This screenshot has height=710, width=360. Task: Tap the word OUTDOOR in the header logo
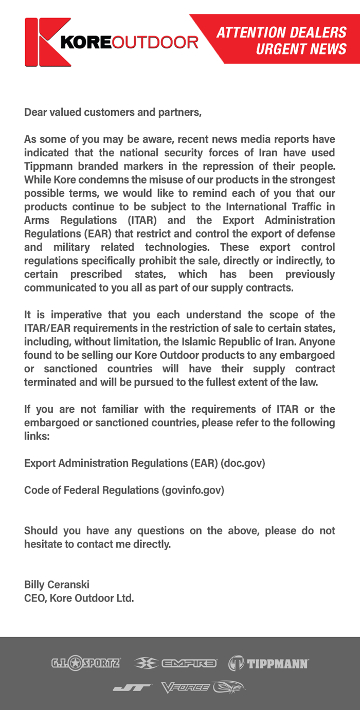(155, 42)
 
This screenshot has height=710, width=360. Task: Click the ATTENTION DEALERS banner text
(281, 32)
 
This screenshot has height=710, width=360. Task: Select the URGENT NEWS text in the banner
(301, 49)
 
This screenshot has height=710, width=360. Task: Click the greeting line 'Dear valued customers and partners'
(113, 112)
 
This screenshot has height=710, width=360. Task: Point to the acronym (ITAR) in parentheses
(142, 220)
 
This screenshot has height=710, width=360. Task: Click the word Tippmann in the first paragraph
(48, 167)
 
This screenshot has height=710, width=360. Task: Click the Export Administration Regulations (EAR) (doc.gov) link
(145, 463)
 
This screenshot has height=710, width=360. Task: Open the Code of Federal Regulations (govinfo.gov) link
(124, 490)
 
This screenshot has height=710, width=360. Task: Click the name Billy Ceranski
(57, 585)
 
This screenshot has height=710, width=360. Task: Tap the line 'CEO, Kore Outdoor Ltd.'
(79, 598)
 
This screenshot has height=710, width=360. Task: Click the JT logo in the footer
(133, 687)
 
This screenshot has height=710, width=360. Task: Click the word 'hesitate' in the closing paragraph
(45, 544)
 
